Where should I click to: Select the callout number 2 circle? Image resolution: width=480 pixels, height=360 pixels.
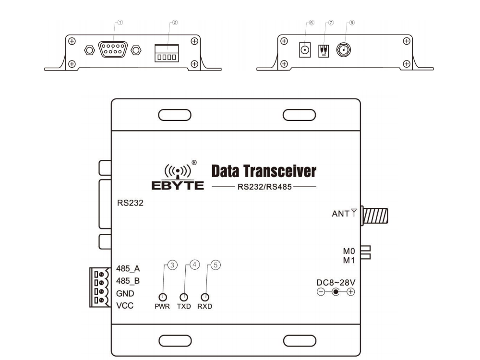(x=175, y=23)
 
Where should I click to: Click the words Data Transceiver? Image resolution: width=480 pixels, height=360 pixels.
(x=264, y=171)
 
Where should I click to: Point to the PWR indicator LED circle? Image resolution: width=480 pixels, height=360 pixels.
(x=163, y=297)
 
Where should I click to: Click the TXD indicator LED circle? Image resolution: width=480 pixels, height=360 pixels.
(x=183, y=297)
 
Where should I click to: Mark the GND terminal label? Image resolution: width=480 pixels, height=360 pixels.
(x=125, y=293)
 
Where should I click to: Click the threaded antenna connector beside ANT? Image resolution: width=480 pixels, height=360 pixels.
(x=375, y=215)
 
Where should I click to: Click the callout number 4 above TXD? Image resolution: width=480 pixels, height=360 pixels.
(x=194, y=264)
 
